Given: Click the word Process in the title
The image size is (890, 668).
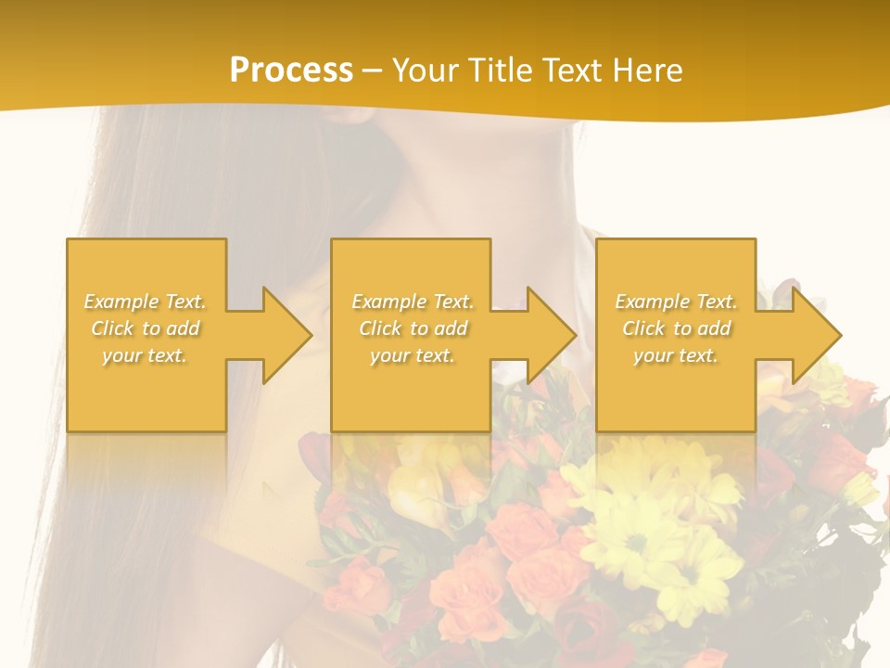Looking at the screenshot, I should point(291,71).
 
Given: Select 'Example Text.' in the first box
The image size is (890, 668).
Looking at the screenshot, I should point(146,302).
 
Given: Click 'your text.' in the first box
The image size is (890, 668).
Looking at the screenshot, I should point(146,355).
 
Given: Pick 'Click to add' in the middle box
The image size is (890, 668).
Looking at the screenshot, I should point(413,328).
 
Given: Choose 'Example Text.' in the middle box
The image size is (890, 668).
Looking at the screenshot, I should point(413,302).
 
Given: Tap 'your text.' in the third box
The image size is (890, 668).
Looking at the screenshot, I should point(676,355).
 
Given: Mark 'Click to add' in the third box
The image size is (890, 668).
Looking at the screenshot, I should point(676,328).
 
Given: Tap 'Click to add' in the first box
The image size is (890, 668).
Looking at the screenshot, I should point(146,328).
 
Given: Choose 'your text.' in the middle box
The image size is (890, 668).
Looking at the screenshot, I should point(413,355).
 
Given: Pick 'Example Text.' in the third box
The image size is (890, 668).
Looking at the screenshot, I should point(676,302).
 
